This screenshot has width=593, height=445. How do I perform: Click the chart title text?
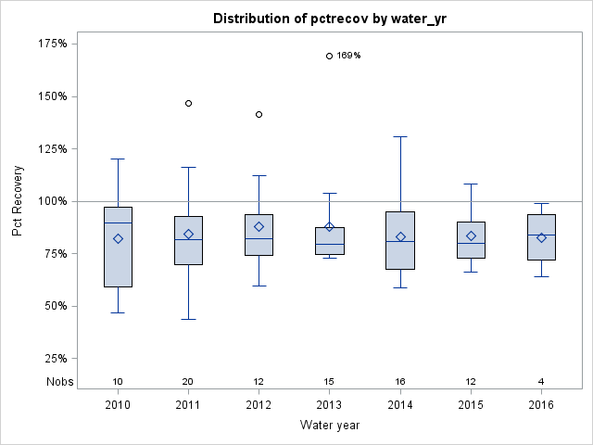(x=330, y=19)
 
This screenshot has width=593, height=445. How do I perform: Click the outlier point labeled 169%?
(x=330, y=56)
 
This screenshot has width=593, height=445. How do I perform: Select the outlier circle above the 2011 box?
(x=189, y=103)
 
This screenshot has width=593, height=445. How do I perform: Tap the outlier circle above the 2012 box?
(x=259, y=114)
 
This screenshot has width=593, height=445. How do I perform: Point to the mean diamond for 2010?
(x=118, y=238)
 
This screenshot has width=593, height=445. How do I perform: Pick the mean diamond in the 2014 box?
(x=400, y=236)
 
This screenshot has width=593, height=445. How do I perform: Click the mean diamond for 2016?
(x=542, y=237)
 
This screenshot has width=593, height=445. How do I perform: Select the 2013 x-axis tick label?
(x=330, y=405)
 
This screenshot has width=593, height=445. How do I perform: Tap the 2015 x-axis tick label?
(x=471, y=405)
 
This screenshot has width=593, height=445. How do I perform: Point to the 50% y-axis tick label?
(x=55, y=306)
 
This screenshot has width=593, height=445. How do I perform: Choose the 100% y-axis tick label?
(x=52, y=201)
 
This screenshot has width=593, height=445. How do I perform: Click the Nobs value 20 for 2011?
(x=189, y=382)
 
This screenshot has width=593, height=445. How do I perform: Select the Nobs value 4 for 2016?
(x=542, y=382)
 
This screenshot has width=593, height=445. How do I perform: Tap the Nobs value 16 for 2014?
(x=400, y=382)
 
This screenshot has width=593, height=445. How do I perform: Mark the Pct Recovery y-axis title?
(x=19, y=201)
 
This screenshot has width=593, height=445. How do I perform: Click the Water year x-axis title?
(x=330, y=426)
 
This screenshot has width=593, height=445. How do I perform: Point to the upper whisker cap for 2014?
(x=400, y=136)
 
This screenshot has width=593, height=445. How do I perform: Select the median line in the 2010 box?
(x=118, y=222)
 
